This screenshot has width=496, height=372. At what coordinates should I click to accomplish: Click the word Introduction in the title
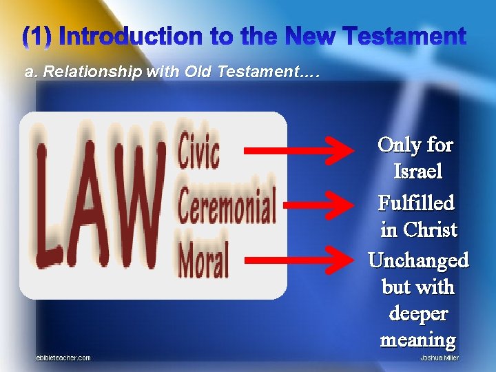tap(134, 37)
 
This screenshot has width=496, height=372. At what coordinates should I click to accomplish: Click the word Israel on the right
tap(417, 171)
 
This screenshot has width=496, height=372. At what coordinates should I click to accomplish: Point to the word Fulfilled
tap(416, 203)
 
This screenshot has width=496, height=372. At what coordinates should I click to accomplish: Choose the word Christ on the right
tap(430, 229)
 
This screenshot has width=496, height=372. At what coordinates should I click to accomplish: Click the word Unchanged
tap(418, 260)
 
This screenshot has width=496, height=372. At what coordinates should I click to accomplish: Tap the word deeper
tap(418, 313)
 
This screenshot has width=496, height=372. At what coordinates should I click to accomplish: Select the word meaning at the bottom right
tap(418, 340)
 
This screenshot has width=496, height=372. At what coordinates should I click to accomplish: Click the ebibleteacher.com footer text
tap(63, 358)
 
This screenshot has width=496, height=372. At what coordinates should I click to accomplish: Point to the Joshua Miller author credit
tap(440, 358)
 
